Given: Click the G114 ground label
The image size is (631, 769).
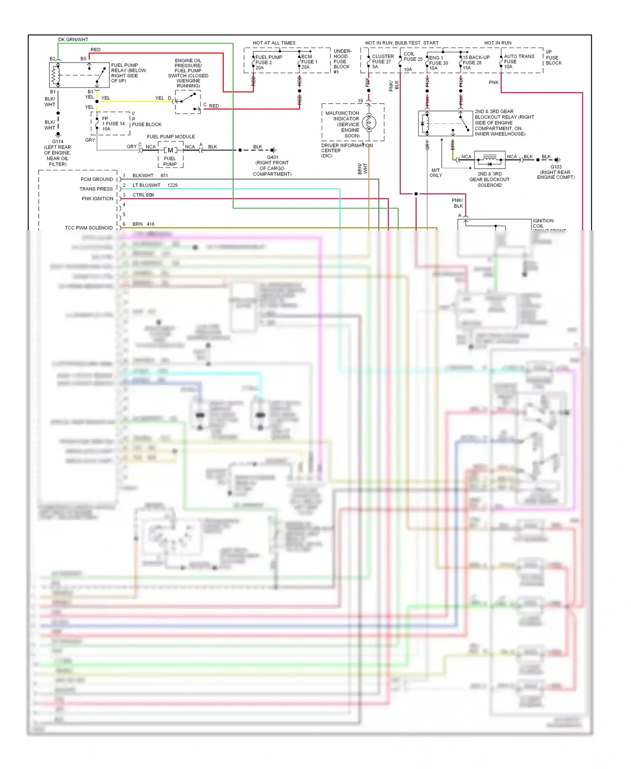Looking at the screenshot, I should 58,141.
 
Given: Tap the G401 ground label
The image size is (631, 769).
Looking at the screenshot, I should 272,157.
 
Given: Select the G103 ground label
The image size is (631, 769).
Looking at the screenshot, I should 556,167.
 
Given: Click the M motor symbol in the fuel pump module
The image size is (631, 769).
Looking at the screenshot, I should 170,150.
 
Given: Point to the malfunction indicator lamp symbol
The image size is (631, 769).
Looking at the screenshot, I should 369,123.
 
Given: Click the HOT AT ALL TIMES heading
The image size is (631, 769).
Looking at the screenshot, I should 274,43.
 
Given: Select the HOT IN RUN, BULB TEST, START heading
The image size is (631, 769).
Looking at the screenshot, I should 402,43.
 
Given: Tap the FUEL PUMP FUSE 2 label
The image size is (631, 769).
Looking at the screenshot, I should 268,62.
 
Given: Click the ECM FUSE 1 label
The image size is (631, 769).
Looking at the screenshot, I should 309,61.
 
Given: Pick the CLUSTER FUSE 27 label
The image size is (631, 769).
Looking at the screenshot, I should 383,61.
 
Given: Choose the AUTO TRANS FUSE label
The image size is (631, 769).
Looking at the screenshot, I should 519,61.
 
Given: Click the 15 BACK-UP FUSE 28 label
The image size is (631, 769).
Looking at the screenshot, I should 476,62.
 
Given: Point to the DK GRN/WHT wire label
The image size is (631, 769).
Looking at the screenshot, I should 73,40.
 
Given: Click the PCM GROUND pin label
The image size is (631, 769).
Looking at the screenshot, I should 97,179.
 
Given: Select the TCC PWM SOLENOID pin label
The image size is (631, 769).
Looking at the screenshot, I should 89,228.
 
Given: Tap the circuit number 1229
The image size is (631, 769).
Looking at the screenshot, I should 172,185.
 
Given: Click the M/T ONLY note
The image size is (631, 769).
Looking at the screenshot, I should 436,173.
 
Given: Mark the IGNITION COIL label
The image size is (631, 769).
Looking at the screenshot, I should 543,223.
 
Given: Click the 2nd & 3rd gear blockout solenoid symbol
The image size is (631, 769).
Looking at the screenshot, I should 490,160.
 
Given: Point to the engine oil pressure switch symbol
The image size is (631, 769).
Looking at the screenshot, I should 188,102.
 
